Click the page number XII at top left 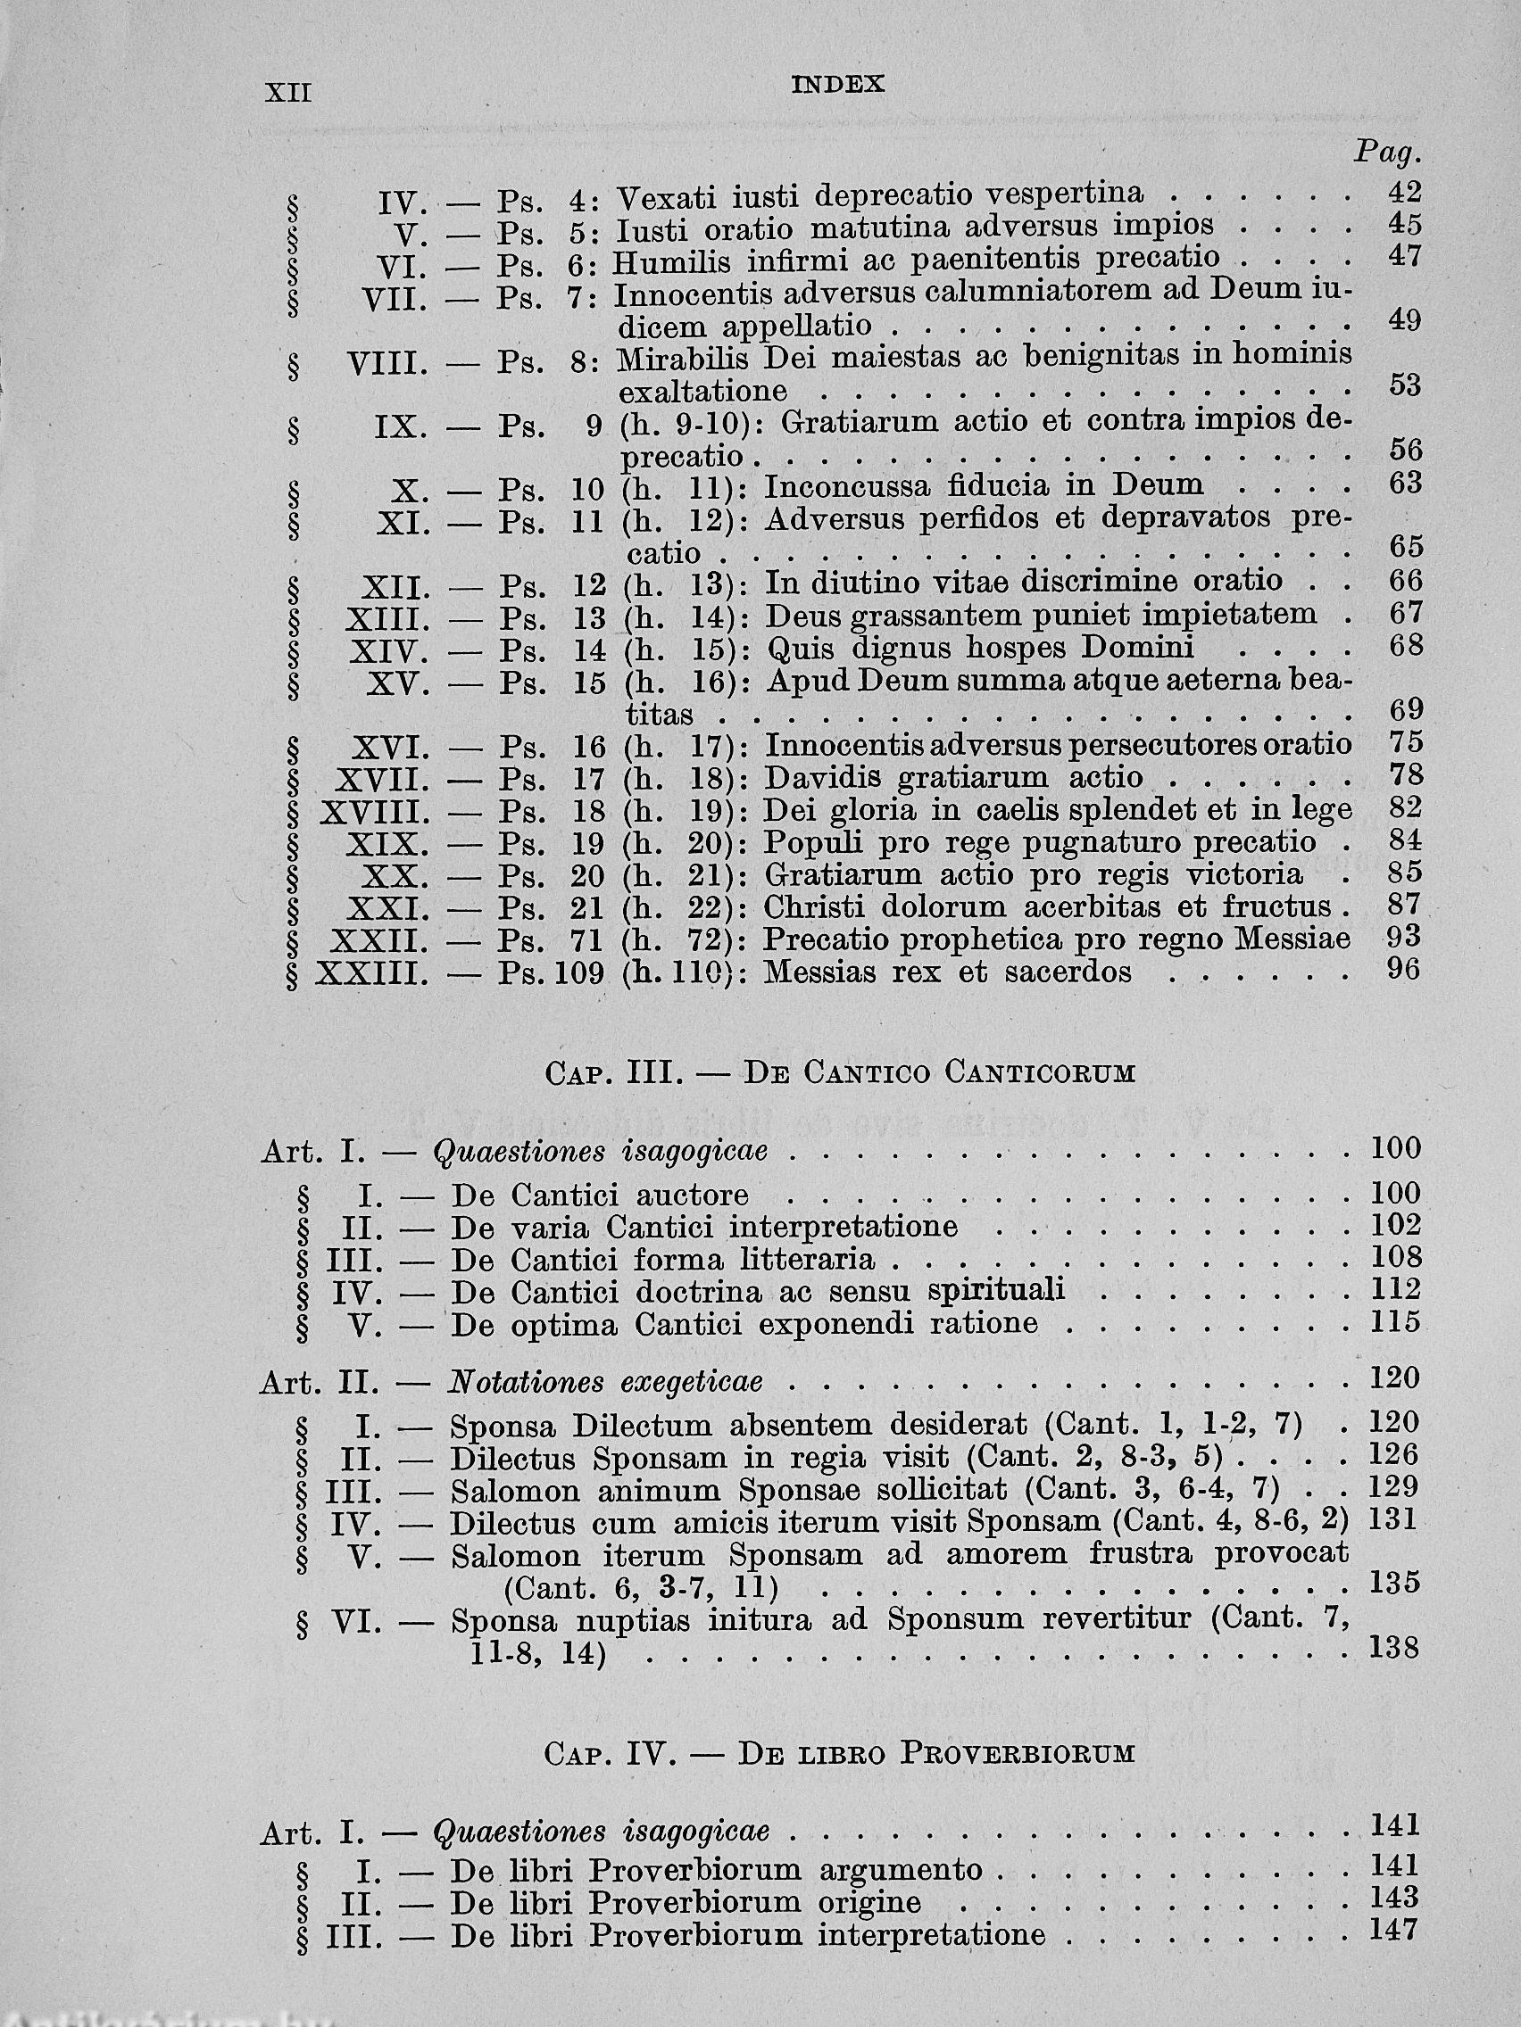(x=288, y=94)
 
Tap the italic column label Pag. (x=1386, y=153)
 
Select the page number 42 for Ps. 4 (x=1404, y=192)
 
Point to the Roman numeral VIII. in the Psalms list (x=387, y=366)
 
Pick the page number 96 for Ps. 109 (x=1404, y=969)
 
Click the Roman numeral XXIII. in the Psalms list (x=372, y=973)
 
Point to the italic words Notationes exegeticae (x=605, y=1382)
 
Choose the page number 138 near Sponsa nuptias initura (x=1393, y=1648)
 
